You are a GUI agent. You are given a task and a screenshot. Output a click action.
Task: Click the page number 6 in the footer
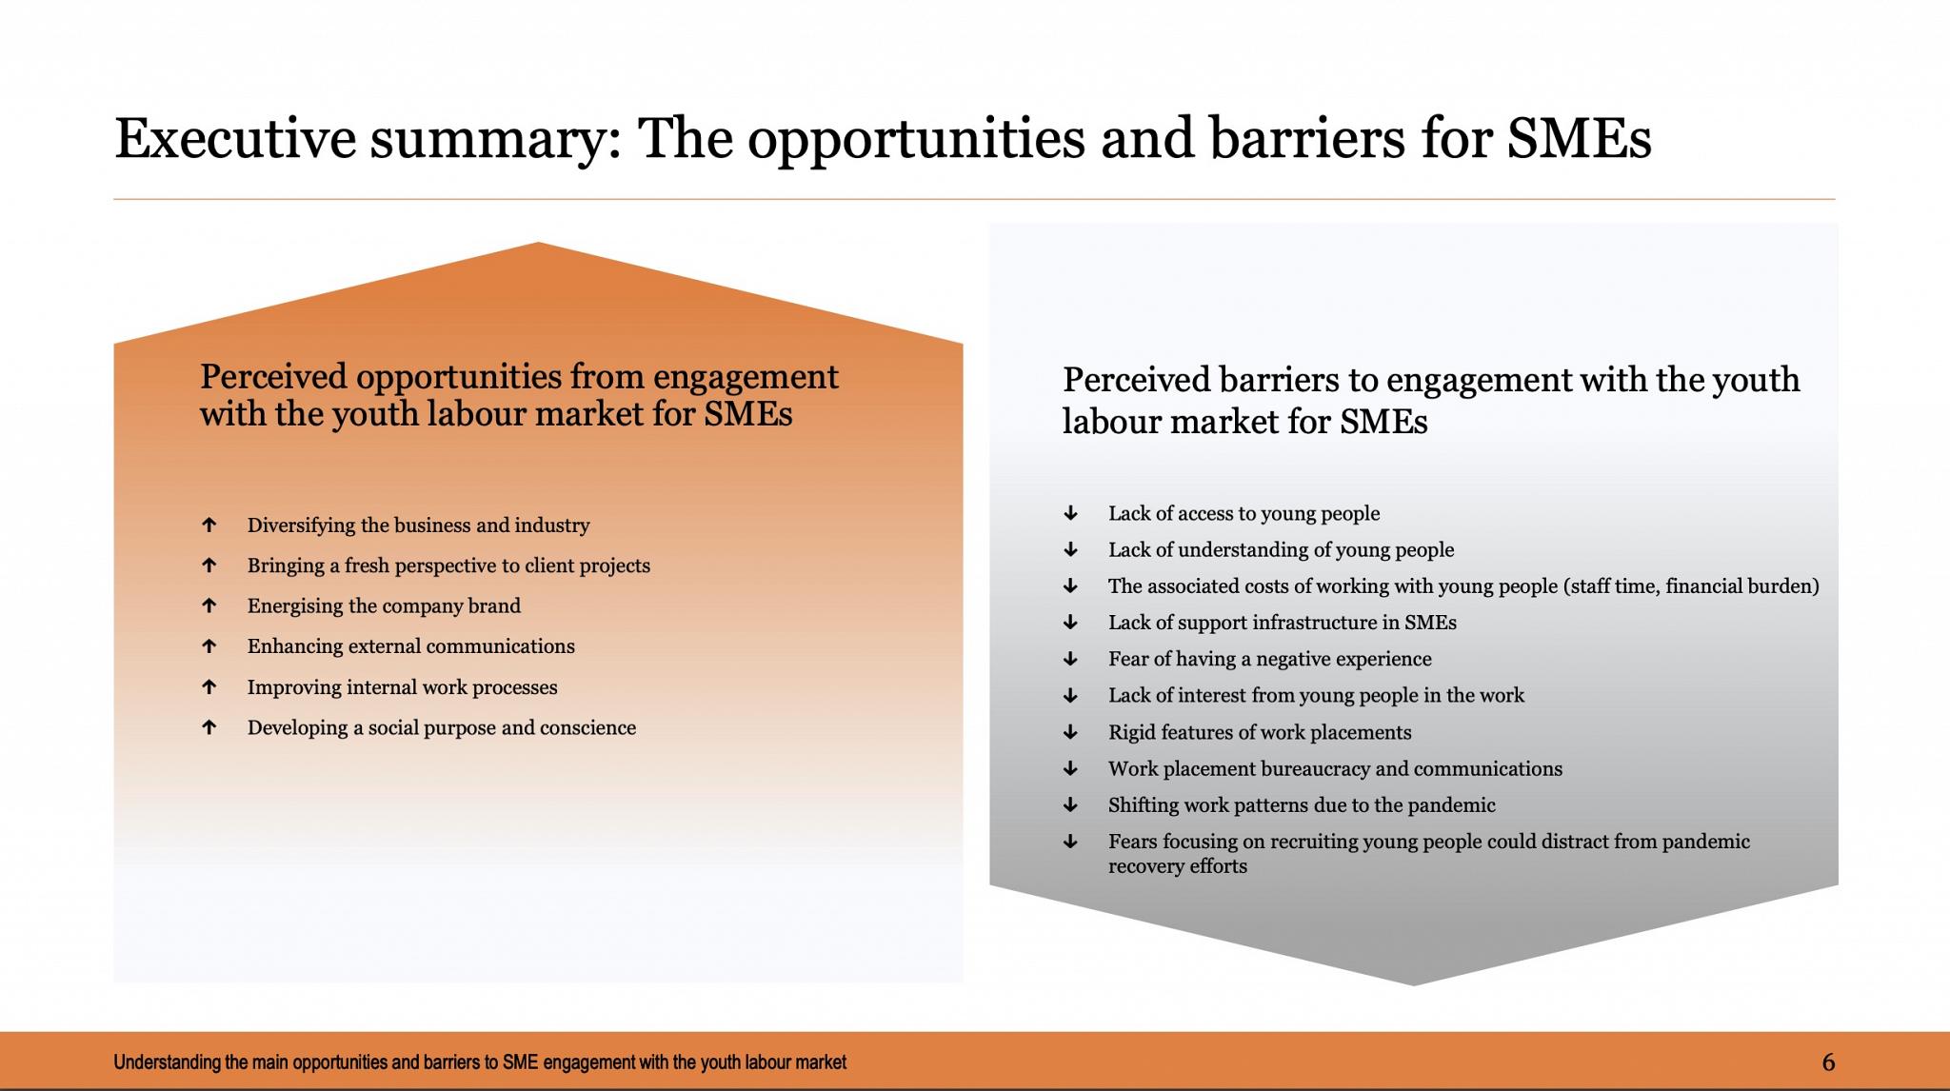click(x=1828, y=1062)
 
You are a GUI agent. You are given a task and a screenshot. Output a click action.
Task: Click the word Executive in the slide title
click(x=235, y=137)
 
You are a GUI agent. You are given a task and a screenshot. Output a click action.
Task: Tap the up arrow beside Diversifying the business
click(x=209, y=525)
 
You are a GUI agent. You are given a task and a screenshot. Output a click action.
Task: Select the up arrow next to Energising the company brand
click(x=209, y=605)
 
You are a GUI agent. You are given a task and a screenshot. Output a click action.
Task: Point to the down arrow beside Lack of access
click(x=1070, y=513)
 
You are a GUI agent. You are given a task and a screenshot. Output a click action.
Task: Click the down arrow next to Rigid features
click(x=1070, y=732)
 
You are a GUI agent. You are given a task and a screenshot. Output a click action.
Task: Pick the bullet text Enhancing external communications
click(x=411, y=646)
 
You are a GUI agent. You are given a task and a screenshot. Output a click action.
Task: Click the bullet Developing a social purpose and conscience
click(x=442, y=727)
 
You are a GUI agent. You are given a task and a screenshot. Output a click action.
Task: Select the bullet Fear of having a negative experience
click(x=1270, y=659)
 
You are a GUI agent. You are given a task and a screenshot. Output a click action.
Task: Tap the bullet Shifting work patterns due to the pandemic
click(x=1302, y=805)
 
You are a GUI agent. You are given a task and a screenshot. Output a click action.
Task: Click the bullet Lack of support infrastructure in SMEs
click(x=1283, y=623)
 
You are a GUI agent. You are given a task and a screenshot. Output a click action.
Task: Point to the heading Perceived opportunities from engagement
click(x=519, y=395)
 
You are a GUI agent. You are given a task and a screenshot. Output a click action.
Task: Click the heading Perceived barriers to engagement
click(x=1431, y=400)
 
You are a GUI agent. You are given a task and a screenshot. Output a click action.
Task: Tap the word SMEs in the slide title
click(x=1580, y=137)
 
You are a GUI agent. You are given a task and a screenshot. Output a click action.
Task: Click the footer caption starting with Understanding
click(x=480, y=1062)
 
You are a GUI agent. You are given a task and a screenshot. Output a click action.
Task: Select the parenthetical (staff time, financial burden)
click(x=1691, y=586)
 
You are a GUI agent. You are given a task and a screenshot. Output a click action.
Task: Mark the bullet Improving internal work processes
click(x=403, y=687)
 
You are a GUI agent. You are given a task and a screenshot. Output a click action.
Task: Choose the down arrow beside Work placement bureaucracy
click(x=1070, y=768)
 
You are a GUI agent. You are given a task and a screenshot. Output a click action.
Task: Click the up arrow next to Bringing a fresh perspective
click(x=209, y=565)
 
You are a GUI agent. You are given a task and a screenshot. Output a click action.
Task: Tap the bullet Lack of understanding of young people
click(x=1282, y=550)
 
